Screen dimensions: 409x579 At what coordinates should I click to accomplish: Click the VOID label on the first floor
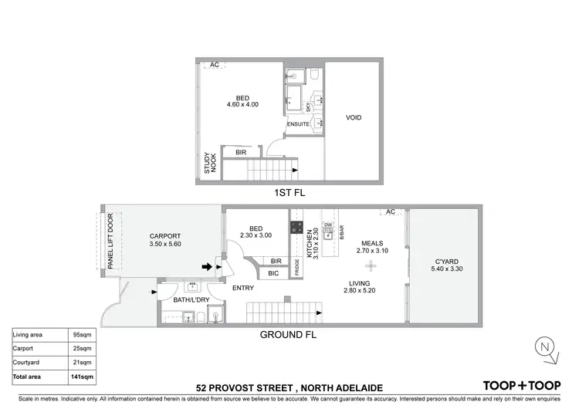pyautogui.click(x=354, y=118)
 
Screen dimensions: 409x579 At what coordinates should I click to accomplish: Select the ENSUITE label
pyautogui.click(x=298, y=124)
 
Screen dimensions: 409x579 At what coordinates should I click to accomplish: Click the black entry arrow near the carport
pyautogui.click(x=207, y=267)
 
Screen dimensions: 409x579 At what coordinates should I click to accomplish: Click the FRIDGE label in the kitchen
pyautogui.click(x=298, y=268)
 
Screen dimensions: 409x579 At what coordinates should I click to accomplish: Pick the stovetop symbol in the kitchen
pyautogui.click(x=296, y=228)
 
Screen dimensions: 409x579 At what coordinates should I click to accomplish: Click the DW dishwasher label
pyautogui.click(x=328, y=225)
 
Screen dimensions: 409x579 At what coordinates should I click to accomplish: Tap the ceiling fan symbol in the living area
pyautogui.click(x=371, y=265)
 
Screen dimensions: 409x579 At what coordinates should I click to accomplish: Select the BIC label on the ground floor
pyautogui.click(x=273, y=273)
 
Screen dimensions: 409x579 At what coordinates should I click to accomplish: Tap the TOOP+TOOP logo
pyautogui.click(x=520, y=385)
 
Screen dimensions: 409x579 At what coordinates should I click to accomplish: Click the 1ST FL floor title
pyautogui.click(x=287, y=194)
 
